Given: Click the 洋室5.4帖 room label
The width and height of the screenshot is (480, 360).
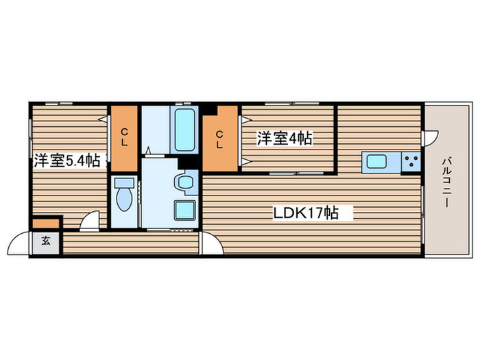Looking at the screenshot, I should tap(67, 161).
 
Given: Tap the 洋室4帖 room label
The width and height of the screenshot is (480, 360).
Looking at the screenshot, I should tap(285, 139).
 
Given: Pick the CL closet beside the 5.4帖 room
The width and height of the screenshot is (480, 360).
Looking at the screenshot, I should tap(125, 137).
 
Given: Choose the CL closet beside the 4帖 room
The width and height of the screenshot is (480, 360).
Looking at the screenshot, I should tap(219, 138).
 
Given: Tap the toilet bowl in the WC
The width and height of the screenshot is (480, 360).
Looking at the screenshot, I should tap(124, 200).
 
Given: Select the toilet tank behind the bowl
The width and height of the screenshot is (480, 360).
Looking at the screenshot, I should tap(123, 183).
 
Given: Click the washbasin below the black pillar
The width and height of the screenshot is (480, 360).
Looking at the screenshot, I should tap(184, 182).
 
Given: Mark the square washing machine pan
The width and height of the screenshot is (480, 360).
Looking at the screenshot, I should tap(184, 210).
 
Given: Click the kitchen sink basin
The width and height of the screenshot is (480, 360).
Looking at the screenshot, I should tap(378, 162).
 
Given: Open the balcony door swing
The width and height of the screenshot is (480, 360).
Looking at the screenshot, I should tap(430, 138).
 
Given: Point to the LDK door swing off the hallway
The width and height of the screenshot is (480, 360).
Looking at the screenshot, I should tap(209, 244).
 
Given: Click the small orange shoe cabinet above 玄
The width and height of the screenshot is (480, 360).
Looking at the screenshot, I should tap(46, 223).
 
